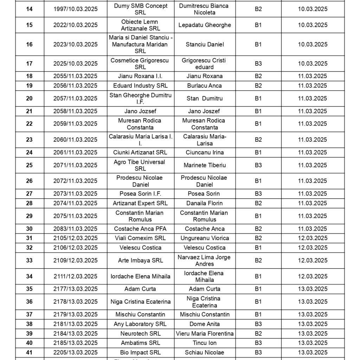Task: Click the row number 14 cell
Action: coord(30,9)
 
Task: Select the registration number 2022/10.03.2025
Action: coord(76,25)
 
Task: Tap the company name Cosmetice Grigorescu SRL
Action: coord(140,64)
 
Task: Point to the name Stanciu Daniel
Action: coord(204,44)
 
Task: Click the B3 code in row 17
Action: coord(258,64)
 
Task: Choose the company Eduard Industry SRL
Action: coord(140,86)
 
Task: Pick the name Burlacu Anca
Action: coord(204,86)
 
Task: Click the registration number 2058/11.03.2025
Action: coord(76,111)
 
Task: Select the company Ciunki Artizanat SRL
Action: coord(140,153)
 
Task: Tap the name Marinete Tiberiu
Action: coord(204,165)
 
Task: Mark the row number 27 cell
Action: coord(30,194)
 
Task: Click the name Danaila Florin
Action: coord(204,203)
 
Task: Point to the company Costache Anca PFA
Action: coord(140,229)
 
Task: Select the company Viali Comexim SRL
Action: coord(140,238)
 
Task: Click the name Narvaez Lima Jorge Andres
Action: coord(204,261)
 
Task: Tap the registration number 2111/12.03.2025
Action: coord(76,277)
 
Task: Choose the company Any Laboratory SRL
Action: coord(140,324)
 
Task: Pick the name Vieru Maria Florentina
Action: coord(204,334)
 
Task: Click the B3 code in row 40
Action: coord(258,343)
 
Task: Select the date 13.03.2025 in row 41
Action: coord(313,353)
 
